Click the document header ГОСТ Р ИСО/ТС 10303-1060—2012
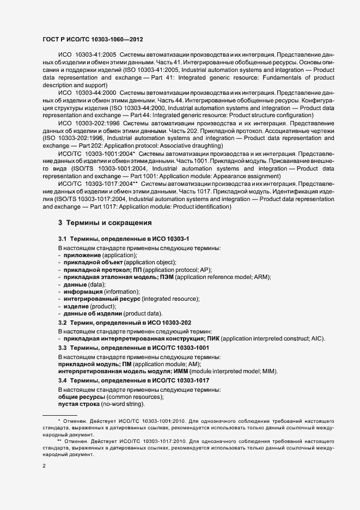pos(93,39)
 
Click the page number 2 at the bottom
pos(44,466)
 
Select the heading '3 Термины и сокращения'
pos(105,223)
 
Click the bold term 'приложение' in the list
pos(82,255)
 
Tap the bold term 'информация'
pos(83,292)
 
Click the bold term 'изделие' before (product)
pos(76,307)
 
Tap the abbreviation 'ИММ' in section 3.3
pos(188,372)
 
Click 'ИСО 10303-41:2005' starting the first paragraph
pos(87,56)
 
